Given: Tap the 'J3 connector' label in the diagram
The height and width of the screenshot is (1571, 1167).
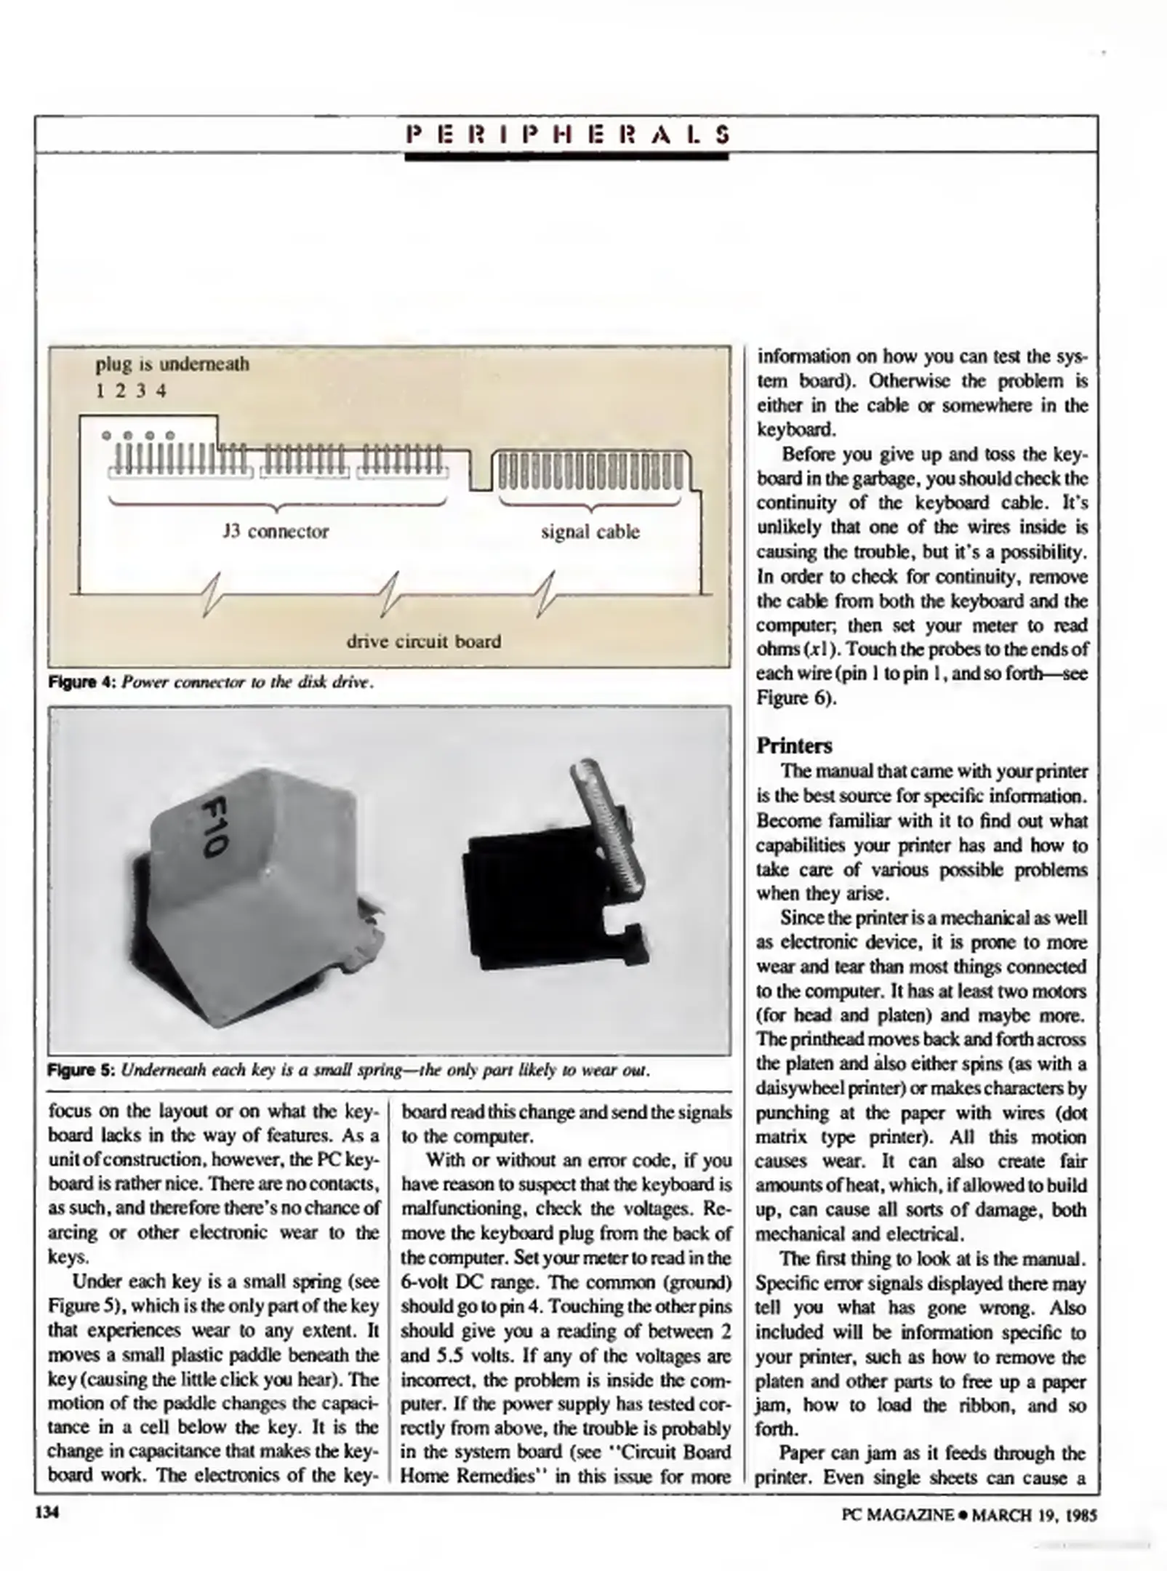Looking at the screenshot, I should [276, 532].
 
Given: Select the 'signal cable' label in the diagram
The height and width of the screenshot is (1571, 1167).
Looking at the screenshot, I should [590, 532].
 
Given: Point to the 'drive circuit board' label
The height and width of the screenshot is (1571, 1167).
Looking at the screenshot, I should [423, 641].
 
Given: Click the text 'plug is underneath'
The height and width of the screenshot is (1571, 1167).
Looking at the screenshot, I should [172, 363].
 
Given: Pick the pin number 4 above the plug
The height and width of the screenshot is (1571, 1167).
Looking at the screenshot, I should [161, 391].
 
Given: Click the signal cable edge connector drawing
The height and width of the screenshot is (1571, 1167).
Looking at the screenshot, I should [590, 471].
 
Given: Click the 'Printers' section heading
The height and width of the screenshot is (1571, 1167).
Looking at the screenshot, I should [794, 745].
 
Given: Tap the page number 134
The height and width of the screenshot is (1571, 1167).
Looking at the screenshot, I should [47, 1513].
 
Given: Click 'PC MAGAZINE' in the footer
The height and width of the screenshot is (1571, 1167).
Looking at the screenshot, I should [897, 1514].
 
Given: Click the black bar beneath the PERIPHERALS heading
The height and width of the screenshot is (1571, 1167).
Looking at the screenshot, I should [566, 156].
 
